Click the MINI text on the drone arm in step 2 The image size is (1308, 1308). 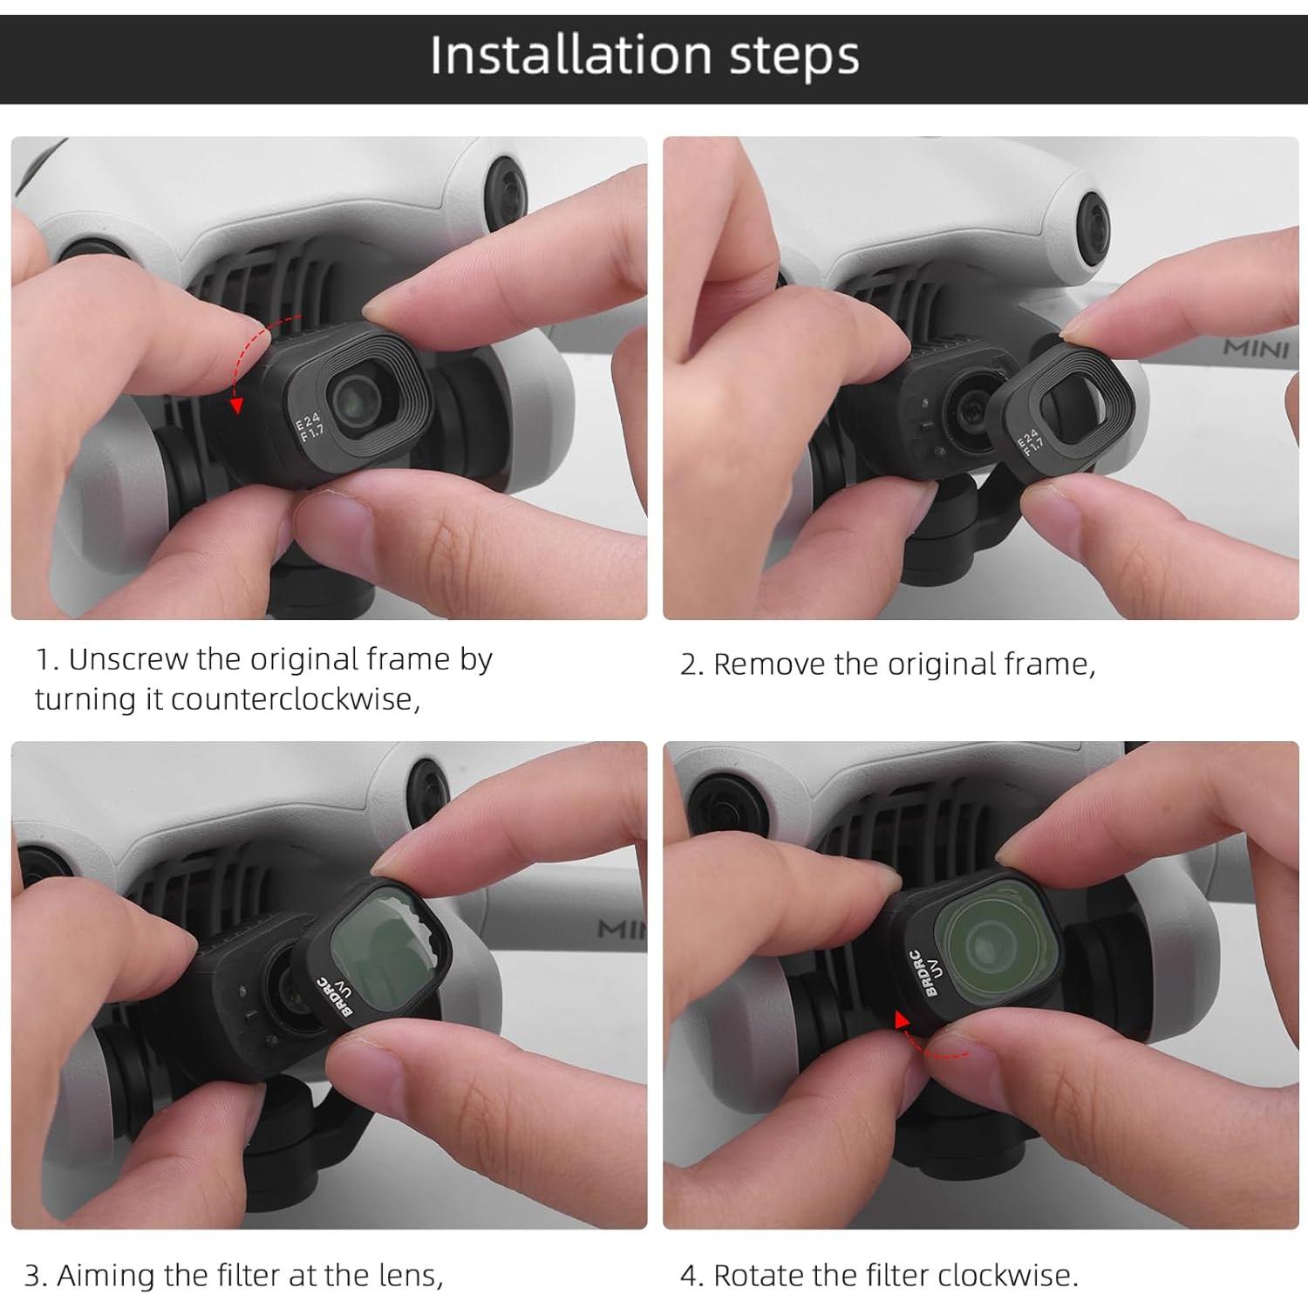tap(1256, 349)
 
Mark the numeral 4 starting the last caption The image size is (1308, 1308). tap(690, 1277)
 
